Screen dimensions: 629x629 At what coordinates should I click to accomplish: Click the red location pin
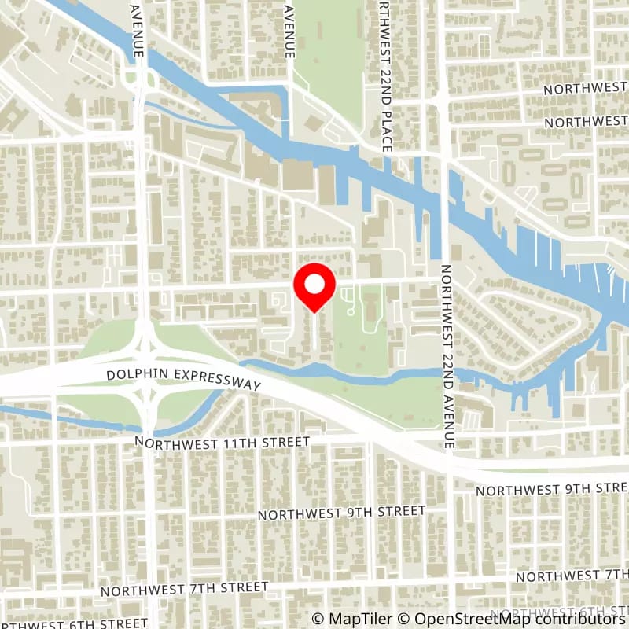(314, 287)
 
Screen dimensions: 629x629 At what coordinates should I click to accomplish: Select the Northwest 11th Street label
(222, 442)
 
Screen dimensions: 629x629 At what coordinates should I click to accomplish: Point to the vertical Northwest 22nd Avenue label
(447, 356)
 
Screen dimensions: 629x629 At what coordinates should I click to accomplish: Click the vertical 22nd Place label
(384, 75)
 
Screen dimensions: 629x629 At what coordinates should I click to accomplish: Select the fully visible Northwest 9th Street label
(342, 513)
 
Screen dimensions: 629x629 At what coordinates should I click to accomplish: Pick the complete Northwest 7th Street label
(186, 587)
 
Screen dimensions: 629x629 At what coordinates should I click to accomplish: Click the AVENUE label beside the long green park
(290, 30)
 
